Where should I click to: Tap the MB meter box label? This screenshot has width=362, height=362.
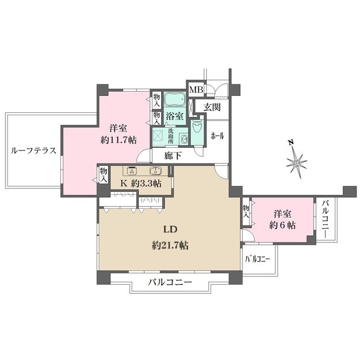pyautogui.click(x=196, y=91)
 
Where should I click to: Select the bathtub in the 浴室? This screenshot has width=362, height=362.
pyautogui.click(x=176, y=100)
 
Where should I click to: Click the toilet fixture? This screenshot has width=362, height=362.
pyautogui.click(x=197, y=130)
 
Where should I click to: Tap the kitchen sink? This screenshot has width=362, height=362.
pyautogui.click(x=155, y=171)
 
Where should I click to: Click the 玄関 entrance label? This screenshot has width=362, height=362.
pyautogui.click(x=212, y=107)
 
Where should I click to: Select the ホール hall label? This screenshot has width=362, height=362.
pyautogui.click(x=217, y=136)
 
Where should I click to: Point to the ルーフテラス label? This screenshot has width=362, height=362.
pyautogui.click(x=34, y=151)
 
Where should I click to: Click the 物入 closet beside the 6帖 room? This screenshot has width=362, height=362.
pyautogui.click(x=246, y=211)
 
